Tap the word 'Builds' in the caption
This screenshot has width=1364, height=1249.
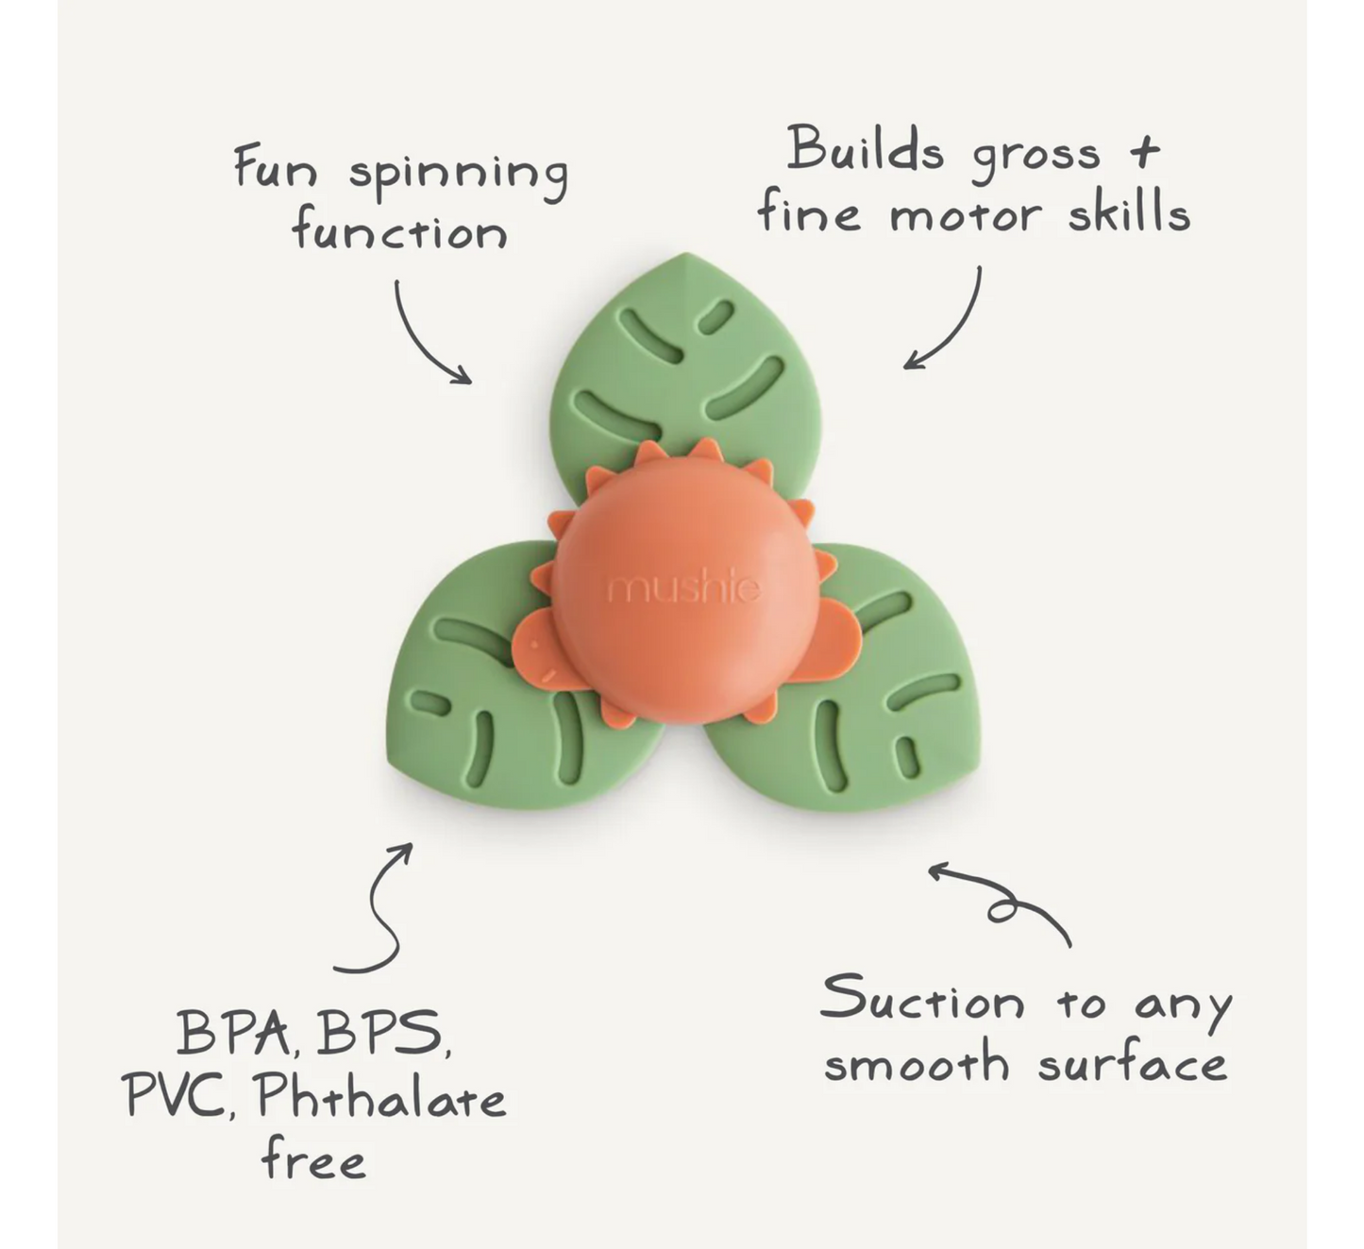[864, 151]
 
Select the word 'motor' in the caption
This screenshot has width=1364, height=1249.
[965, 216]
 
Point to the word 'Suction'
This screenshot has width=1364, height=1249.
[921, 1000]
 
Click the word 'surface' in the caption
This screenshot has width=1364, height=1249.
[1132, 1066]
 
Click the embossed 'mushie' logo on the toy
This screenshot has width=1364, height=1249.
[683, 589]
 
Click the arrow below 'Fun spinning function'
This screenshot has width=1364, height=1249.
[425, 335]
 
